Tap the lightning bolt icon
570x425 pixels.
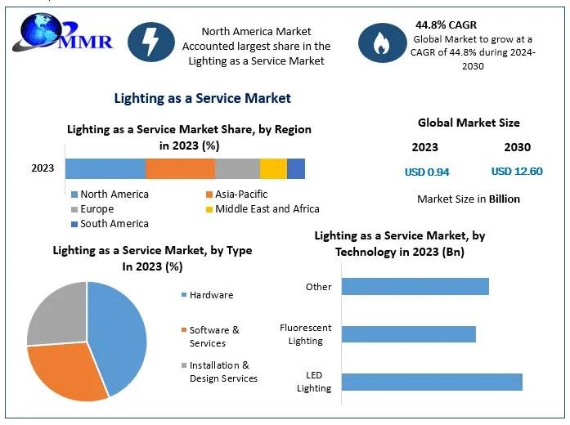(151, 42)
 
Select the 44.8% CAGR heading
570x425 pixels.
(446, 25)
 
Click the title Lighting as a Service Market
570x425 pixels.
(202, 98)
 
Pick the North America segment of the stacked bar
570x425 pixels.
(105, 168)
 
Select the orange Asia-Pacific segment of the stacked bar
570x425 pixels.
(180, 168)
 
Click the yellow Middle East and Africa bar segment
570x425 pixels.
(273, 168)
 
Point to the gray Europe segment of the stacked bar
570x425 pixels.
(237, 168)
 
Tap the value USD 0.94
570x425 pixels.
(427, 172)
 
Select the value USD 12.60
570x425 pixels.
(517, 172)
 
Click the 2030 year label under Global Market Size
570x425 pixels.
(517, 147)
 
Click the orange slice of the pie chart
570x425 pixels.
(70, 372)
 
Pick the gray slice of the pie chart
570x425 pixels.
(57, 315)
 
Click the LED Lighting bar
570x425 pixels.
(431, 382)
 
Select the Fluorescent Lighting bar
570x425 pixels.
(408, 334)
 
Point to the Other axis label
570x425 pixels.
(318, 287)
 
